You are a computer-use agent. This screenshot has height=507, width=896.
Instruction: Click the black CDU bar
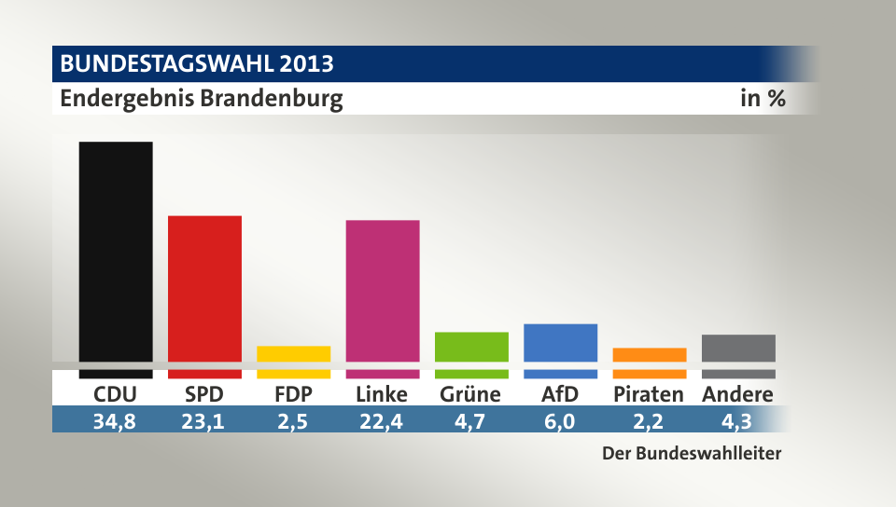[116, 252]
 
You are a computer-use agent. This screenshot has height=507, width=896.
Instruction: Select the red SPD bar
[204, 289]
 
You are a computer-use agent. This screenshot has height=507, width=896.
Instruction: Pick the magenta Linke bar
[383, 291]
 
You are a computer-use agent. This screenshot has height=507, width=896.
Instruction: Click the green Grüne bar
[471, 347]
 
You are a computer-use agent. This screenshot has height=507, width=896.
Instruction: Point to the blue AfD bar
[560, 343]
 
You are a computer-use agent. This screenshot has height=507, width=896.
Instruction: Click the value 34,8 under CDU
[115, 420]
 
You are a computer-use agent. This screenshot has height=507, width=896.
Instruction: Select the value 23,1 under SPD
[204, 420]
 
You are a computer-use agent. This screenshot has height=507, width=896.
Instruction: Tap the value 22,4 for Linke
[382, 420]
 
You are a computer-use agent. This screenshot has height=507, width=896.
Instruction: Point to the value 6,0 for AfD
[560, 420]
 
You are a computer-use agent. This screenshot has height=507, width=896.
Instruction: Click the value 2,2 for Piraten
[649, 420]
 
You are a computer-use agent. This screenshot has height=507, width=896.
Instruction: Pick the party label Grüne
[470, 394]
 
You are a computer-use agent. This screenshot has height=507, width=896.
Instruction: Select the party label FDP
[293, 394]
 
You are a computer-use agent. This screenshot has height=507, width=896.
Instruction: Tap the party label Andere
[737, 394]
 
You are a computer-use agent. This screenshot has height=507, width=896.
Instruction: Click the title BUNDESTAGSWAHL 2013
[197, 64]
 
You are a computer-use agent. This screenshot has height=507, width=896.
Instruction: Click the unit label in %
[763, 99]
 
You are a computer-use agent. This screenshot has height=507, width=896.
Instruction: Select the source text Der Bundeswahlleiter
[691, 454]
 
